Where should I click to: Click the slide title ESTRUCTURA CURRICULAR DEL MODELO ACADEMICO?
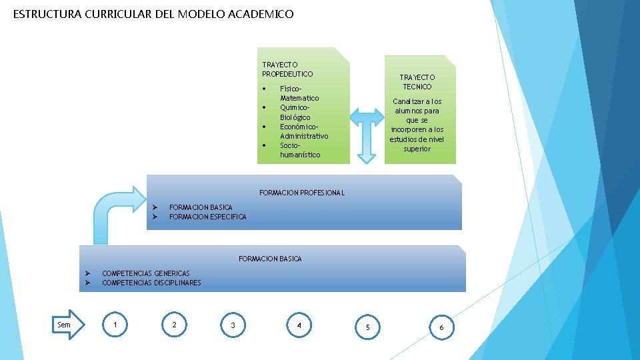pyautogui.click(x=153, y=14)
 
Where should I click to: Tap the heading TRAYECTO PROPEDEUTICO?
pyautogui.click(x=287, y=69)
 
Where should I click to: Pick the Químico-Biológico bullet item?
pyautogui.click(x=295, y=112)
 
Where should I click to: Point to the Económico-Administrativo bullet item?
pyautogui.click(x=303, y=131)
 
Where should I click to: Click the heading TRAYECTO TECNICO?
pyautogui.click(x=417, y=82)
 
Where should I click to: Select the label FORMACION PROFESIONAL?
pyautogui.click(x=302, y=193)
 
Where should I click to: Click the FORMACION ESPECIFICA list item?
pyautogui.click(x=207, y=217)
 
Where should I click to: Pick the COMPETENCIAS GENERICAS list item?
pyautogui.click(x=145, y=273)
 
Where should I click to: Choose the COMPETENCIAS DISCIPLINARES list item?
pyautogui.click(x=151, y=283)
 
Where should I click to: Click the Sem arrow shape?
pyautogui.click(x=69, y=325)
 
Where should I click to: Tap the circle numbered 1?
pyautogui.click(x=116, y=325)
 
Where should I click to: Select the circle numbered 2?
pyautogui.click(x=174, y=325)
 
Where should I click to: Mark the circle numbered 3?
pyautogui.click(x=233, y=325)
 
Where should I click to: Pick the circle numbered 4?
pyautogui.click(x=299, y=325)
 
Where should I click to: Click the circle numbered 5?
pyautogui.click(x=367, y=327)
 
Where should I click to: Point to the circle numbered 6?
pyautogui.click(x=441, y=327)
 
